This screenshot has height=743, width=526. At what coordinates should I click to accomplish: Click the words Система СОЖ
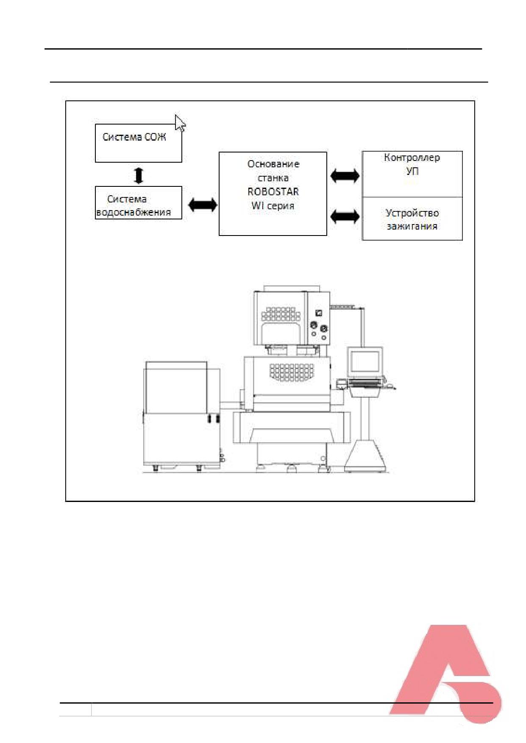pyautogui.click(x=134, y=137)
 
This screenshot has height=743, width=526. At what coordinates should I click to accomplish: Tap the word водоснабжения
pyautogui.click(x=134, y=212)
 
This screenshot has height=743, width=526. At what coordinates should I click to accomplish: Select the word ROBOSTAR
pyautogui.click(x=273, y=191)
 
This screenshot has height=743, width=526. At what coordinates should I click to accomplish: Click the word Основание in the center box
pyautogui.click(x=273, y=164)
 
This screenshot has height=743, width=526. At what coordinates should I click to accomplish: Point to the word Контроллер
pyautogui.click(x=412, y=158)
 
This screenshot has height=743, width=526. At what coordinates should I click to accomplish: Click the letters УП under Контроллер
pyautogui.click(x=412, y=172)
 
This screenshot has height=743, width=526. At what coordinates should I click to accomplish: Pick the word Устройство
pyautogui.click(x=412, y=213)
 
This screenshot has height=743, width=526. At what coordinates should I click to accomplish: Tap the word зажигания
pyautogui.click(x=412, y=226)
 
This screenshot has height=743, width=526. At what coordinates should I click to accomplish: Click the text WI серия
pyautogui.click(x=273, y=206)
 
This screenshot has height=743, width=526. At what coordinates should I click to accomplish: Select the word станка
pyautogui.click(x=273, y=178)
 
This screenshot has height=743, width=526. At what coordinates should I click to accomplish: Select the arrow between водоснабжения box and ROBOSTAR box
pyautogui.click(x=202, y=205)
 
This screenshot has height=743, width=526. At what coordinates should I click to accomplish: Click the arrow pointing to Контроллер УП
pyautogui.click(x=345, y=175)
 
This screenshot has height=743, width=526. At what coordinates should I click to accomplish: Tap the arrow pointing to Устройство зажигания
pyautogui.click(x=345, y=217)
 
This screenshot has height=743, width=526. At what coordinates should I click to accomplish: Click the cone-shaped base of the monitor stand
pyautogui.click(x=366, y=456)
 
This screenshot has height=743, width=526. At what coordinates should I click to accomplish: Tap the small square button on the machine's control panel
pyautogui.click(x=319, y=313)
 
